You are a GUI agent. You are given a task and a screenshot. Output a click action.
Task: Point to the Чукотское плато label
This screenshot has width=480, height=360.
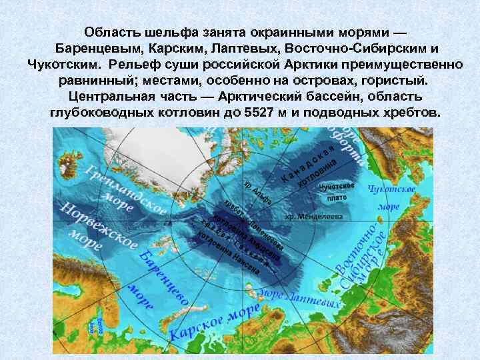tap(337, 191)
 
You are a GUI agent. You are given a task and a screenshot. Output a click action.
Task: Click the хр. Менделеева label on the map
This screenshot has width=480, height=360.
tap(314, 217)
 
